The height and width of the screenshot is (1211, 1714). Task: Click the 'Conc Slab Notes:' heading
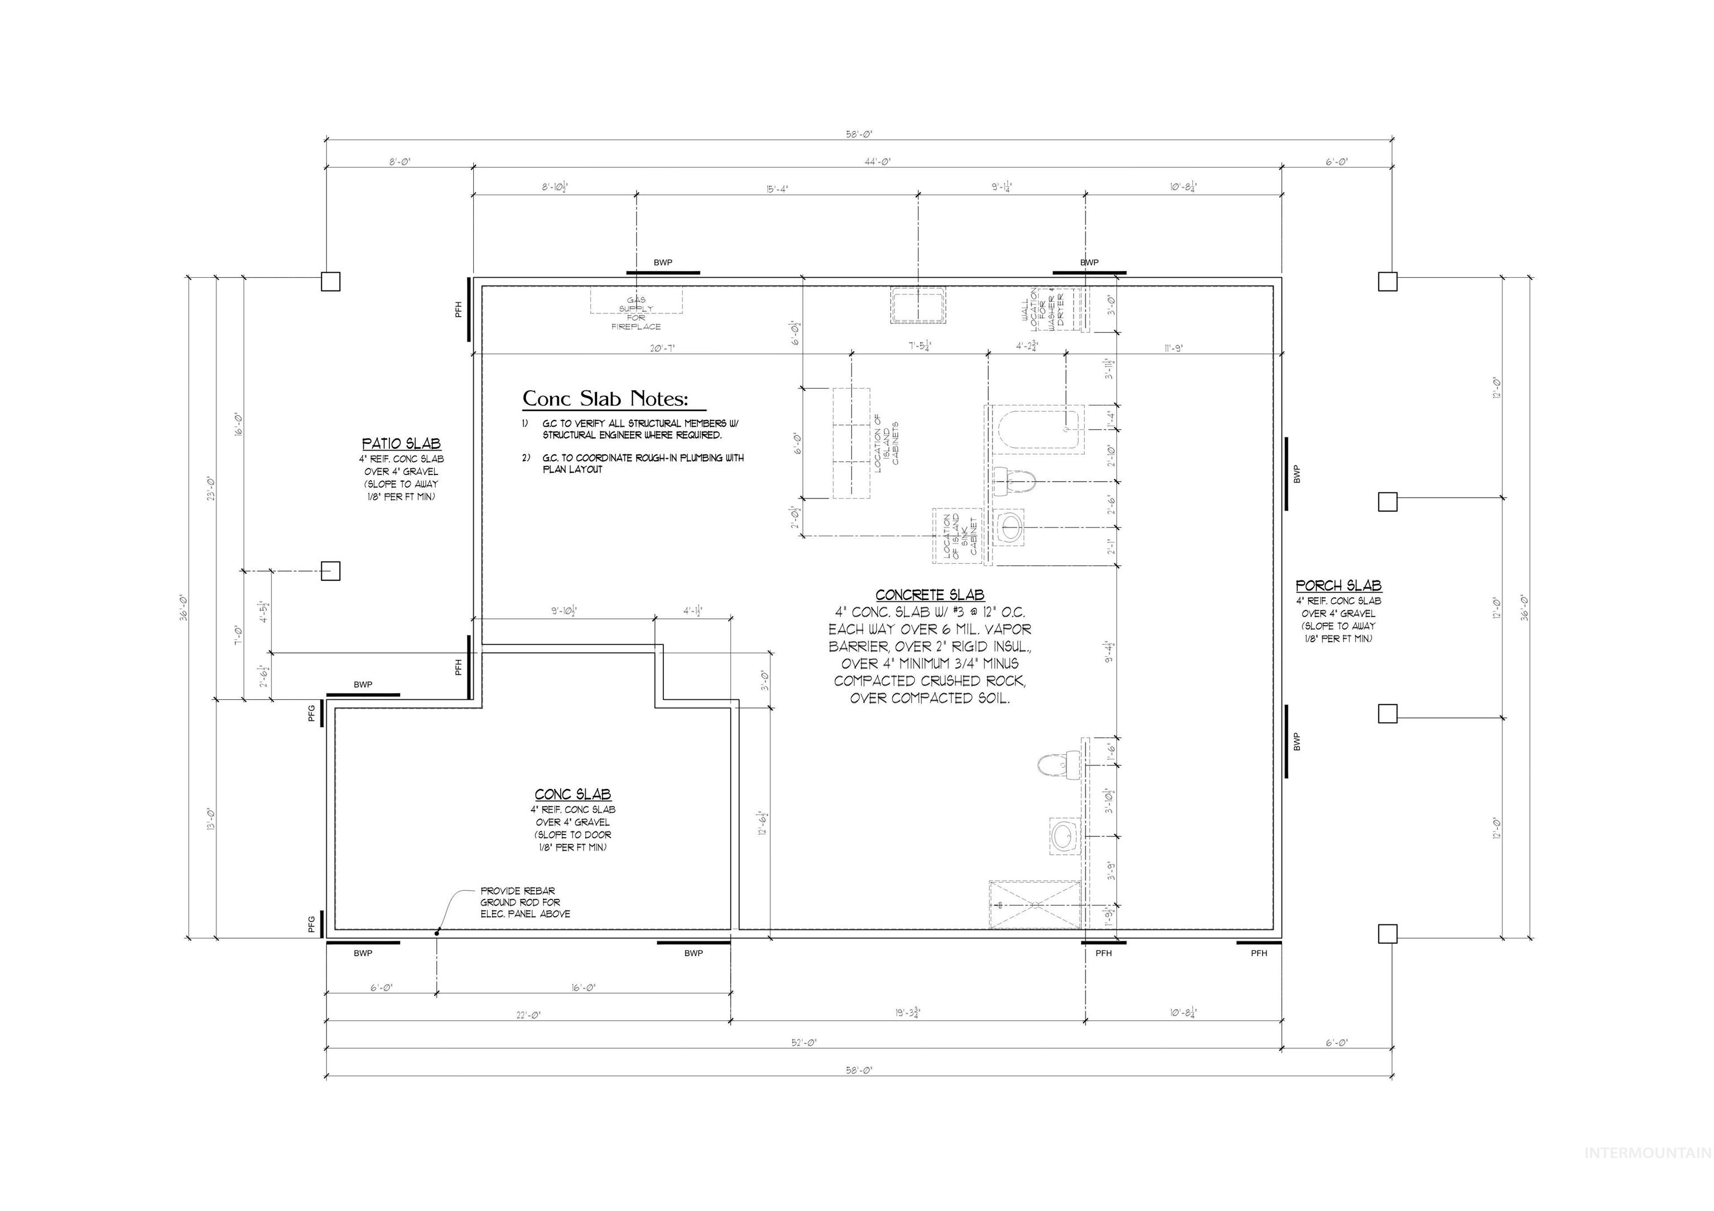(605, 399)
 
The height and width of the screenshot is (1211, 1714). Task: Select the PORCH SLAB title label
(1338, 586)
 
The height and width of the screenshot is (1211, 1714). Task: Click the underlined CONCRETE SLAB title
(930, 595)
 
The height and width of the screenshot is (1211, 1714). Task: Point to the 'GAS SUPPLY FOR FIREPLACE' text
(636, 313)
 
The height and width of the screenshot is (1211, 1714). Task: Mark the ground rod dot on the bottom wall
(437, 931)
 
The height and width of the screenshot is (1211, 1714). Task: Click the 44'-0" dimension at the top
(878, 162)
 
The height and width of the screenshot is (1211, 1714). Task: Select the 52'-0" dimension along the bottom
(804, 1043)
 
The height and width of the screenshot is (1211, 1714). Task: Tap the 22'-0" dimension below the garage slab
(528, 1015)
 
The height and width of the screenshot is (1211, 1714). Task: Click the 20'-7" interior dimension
(662, 348)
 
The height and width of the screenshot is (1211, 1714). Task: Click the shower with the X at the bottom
(1034, 904)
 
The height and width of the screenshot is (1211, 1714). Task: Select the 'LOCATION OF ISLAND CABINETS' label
(886, 443)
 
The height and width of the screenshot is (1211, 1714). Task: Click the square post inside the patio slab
(331, 571)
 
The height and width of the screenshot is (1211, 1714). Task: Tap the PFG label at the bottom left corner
(312, 924)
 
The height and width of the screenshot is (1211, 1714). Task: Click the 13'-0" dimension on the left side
(211, 821)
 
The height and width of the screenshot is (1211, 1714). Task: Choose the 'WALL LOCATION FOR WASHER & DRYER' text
(1043, 309)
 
